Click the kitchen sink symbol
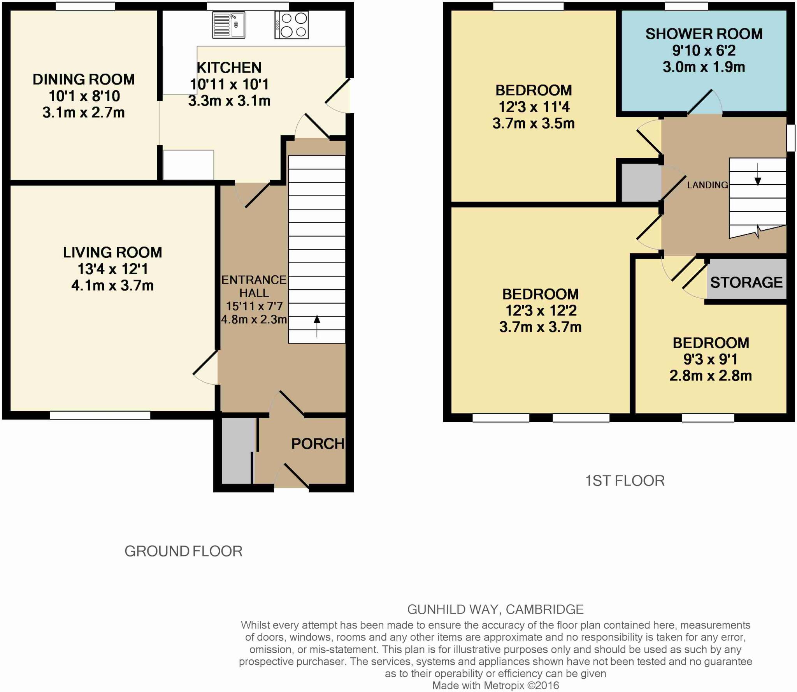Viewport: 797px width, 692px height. pyautogui.click(x=228, y=25)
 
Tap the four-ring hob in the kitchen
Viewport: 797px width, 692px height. pyautogui.click(x=291, y=25)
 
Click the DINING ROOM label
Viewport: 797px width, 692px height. pyautogui.click(x=84, y=79)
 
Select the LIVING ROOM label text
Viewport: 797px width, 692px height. pyautogui.click(x=112, y=252)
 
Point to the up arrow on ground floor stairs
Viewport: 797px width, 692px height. pyautogui.click(x=317, y=326)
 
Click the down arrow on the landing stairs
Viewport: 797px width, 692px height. pyautogui.click(x=757, y=174)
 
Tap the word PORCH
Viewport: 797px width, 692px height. pyautogui.click(x=318, y=444)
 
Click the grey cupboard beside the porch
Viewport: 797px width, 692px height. pyautogui.click(x=238, y=451)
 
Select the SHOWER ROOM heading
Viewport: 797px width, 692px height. pyautogui.click(x=704, y=34)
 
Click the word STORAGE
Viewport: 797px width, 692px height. pyautogui.click(x=746, y=282)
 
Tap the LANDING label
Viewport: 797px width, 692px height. pyautogui.click(x=707, y=185)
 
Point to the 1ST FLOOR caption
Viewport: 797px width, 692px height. pyautogui.click(x=625, y=481)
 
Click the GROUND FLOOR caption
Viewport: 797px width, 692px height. pyautogui.click(x=183, y=551)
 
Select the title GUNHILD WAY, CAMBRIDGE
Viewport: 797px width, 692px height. pyautogui.click(x=495, y=609)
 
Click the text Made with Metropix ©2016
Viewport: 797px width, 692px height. pyautogui.click(x=495, y=685)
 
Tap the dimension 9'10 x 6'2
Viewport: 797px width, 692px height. pyautogui.click(x=704, y=51)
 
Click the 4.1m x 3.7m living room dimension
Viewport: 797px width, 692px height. pyautogui.click(x=112, y=285)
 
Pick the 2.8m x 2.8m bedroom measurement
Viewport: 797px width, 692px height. pyautogui.click(x=711, y=376)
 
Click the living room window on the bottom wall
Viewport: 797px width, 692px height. pyautogui.click(x=100, y=416)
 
